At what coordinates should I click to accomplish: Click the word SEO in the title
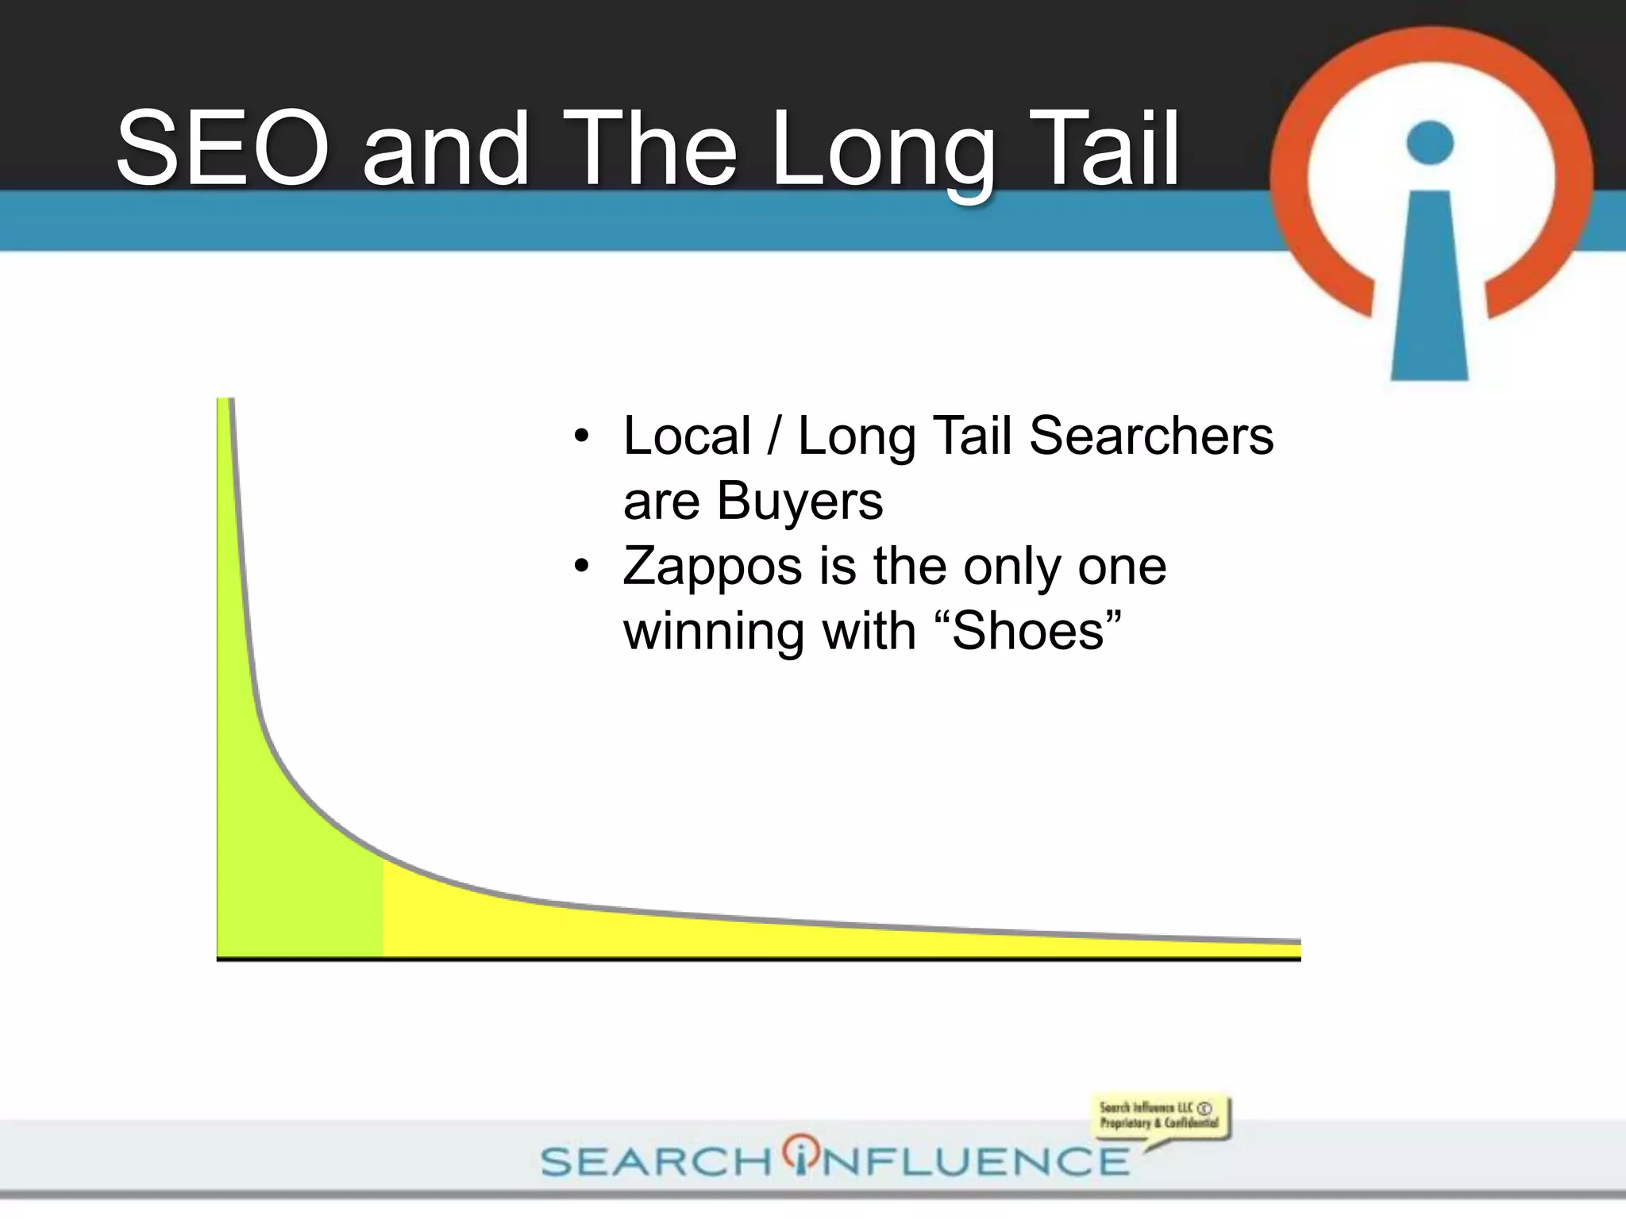[x=222, y=148]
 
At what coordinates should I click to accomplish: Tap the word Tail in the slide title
[x=1103, y=148]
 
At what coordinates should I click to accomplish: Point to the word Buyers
[x=800, y=502]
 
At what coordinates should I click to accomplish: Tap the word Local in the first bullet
[x=687, y=436]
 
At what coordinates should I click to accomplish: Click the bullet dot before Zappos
[x=582, y=566]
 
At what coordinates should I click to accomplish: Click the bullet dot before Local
[x=582, y=436]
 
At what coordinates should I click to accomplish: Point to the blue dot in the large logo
[x=1429, y=143]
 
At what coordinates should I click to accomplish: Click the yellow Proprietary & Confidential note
[x=1158, y=1116]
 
